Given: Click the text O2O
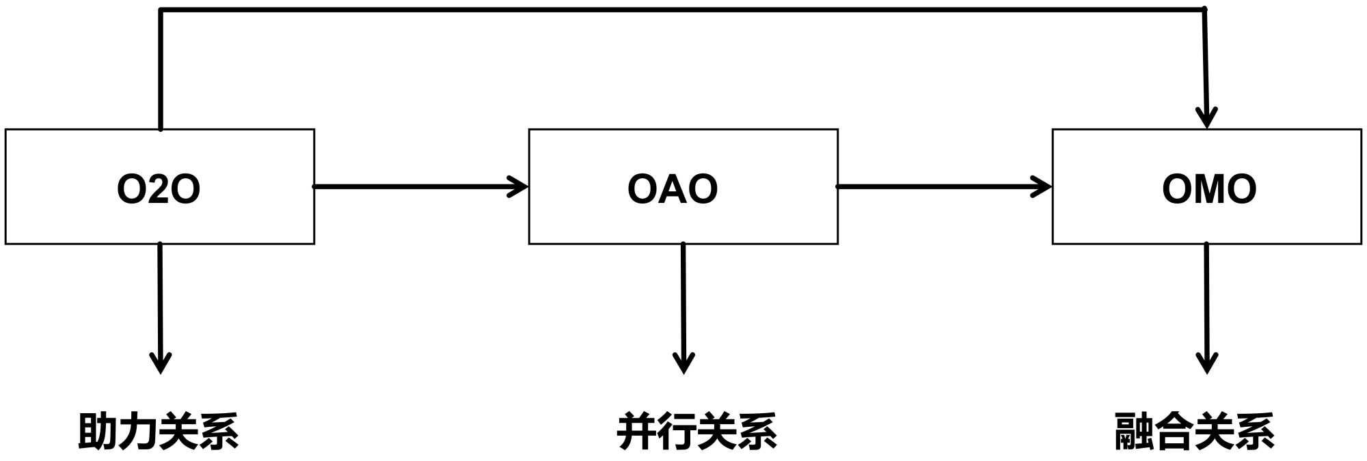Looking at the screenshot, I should coord(159,189).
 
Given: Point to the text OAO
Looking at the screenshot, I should coord(673,189).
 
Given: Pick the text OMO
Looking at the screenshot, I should coord(1208,189).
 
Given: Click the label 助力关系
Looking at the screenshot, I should coord(159,432).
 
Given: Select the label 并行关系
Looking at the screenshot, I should coord(696,432).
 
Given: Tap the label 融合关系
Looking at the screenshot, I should coord(1194,432).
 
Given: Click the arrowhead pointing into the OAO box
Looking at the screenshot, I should coord(519,186).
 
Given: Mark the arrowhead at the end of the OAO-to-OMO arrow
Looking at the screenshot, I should coord(1043,186).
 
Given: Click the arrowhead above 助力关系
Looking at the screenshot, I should coord(160,363).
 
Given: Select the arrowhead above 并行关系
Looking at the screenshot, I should coord(683,363).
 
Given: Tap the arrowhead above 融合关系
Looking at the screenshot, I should coord(1207,363).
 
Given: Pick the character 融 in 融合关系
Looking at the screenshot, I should coord(1134,432).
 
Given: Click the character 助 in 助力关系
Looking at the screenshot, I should coord(98,432).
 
